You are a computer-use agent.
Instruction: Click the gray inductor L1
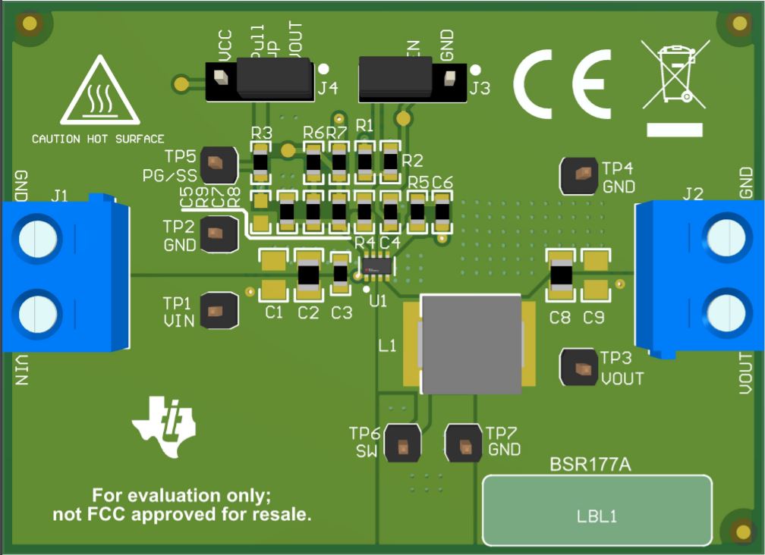471,344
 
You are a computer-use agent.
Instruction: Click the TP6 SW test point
402,444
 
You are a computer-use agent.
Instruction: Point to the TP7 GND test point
463,444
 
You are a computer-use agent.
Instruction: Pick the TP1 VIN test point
219,311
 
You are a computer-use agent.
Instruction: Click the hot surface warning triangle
99,94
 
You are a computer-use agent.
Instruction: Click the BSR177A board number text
590,464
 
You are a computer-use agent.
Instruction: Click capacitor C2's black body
308,275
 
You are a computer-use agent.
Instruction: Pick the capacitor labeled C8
561,275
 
